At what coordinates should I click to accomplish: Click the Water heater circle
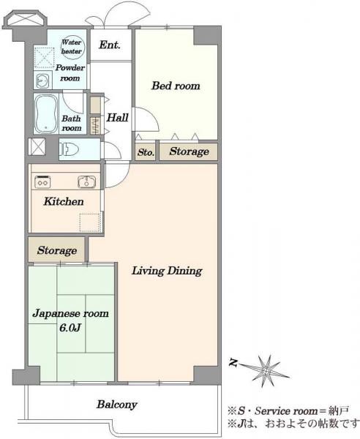pos(72,47)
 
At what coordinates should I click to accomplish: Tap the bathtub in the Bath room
pos(47,113)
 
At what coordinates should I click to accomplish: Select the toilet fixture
pos(67,149)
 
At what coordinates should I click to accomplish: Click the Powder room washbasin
pos(43,80)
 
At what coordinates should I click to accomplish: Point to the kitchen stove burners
pos(42,181)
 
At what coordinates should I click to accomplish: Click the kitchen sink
pos(86,181)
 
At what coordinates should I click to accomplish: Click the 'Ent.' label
pos(110,45)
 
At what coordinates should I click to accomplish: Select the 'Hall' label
pos(118,117)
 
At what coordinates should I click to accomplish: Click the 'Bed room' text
pos(176,86)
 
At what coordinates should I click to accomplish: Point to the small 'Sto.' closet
pos(146,152)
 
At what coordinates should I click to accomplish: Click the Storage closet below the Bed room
pos(189,151)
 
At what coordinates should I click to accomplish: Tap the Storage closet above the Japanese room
pos(56,250)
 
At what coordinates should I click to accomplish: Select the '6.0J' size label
pos(70,328)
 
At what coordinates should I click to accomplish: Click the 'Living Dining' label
pos(167,271)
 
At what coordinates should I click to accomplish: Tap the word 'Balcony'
pos(117,405)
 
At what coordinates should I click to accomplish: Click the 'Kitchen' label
pos(64,201)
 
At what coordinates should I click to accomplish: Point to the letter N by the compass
pos(233,363)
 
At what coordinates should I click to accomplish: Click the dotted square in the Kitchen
pos(90,222)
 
